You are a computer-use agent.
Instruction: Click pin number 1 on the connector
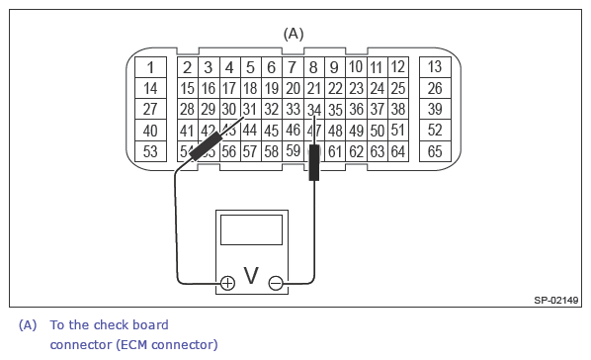point(150,67)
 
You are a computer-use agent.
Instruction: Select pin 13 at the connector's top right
point(435,67)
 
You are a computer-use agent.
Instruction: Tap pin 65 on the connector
point(435,151)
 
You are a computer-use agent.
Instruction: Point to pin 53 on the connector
point(150,151)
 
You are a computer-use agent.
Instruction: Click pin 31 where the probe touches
point(249,109)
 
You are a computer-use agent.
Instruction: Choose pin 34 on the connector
point(314,110)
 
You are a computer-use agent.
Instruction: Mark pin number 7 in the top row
point(293,67)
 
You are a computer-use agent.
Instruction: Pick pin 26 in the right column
point(435,88)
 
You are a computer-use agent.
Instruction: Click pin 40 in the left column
point(150,131)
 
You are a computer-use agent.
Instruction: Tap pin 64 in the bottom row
point(397,151)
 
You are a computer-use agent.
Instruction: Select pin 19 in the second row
point(272,88)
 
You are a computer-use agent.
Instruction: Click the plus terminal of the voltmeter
point(227,283)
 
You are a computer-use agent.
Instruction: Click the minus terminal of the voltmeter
point(275,283)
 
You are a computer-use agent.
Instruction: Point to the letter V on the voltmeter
point(251,276)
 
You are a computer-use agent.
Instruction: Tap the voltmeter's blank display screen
point(251,230)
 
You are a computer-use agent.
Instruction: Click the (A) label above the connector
point(294,33)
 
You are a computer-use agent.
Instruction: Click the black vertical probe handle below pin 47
point(314,162)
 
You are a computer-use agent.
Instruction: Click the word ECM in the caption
point(131,345)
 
